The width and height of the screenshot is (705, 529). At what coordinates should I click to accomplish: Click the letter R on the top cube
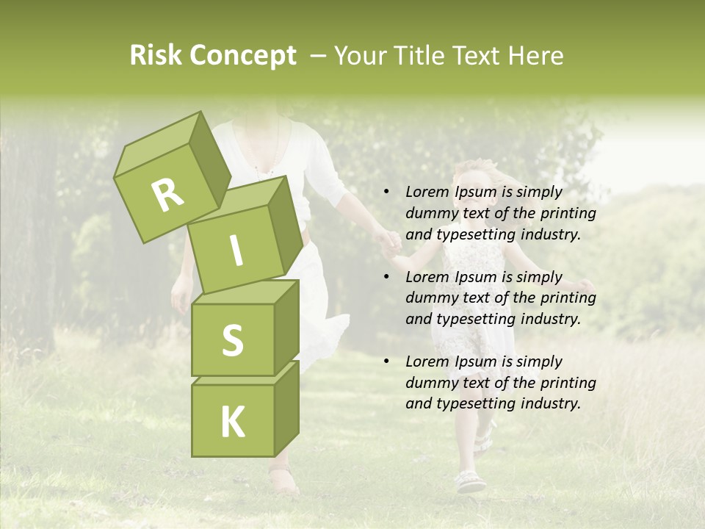pyautogui.click(x=167, y=195)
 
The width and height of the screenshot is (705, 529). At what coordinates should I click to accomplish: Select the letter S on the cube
pyautogui.click(x=232, y=340)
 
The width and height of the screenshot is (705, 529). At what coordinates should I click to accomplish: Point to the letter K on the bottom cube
pyautogui.click(x=232, y=422)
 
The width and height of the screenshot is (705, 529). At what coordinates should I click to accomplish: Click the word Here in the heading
pyautogui.click(x=535, y=56)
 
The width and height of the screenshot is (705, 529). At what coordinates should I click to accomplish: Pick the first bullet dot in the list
pyautogui.click(x=386, y=192)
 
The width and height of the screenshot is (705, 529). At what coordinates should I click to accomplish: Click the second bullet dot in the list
pyautogui.click(x=386, y=277)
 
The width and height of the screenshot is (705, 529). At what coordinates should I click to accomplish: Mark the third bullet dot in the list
pyautogui.click(x=386, y=361)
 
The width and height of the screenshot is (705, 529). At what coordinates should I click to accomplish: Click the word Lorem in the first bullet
pyautogui.click(x=427, y=192)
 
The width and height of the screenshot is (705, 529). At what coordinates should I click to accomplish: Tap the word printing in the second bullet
pyautogui.click(x=568, y=298)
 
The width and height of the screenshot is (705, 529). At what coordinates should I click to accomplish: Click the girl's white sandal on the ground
pyautogui.click(x=471, y=481)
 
